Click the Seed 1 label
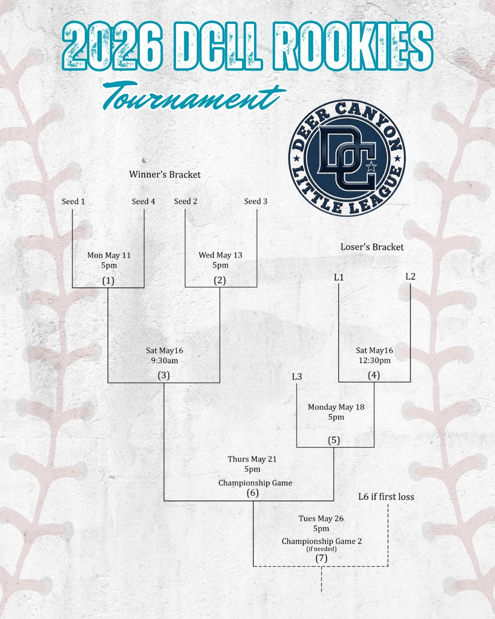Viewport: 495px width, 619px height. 73,201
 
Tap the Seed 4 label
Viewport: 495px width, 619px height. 143,201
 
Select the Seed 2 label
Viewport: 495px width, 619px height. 186,201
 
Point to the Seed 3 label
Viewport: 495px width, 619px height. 256,201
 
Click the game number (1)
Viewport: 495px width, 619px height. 108,281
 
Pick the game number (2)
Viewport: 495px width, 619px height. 220,281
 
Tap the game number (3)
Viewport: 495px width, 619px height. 164,376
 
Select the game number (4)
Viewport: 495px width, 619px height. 374,375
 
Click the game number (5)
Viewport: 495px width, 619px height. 334,440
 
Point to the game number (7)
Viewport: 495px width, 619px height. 321,558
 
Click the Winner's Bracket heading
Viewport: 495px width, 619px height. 165,174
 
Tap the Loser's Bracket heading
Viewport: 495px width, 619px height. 372,247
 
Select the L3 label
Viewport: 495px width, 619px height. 297,376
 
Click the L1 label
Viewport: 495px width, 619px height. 339,277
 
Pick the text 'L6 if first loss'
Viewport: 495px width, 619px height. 386,497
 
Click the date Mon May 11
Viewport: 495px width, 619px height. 109,255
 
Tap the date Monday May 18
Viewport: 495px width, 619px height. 336,407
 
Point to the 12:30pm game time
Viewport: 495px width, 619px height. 374,360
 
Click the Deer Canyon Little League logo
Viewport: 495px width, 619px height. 347,158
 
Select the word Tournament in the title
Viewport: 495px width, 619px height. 192,96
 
